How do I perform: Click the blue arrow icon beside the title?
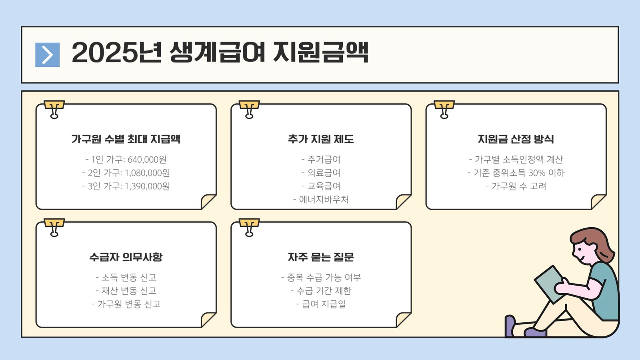(48, 55)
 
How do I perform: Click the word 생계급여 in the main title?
(218, 52)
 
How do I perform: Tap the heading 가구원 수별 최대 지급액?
(126, 139)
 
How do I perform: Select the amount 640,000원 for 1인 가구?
(147, 160)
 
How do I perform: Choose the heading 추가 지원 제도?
(321, 139)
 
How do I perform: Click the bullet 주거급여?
(324, 160)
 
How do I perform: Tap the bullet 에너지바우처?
(324, 200)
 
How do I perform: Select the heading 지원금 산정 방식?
(516, 139)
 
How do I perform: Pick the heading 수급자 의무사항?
(126, 257)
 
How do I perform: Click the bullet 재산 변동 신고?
(129, 291)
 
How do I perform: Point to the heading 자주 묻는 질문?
(321, 257)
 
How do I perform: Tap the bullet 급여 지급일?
(324, 304)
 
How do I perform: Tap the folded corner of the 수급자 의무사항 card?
(208, 320)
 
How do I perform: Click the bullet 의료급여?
(324, 173)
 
